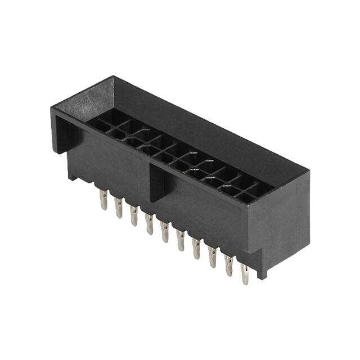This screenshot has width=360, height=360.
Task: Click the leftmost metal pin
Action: coord(103,200)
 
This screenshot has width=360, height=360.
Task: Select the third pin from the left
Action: coord(134,215)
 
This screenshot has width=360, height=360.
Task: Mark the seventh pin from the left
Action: coord(196,247)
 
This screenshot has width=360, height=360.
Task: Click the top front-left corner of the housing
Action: coord(52,108)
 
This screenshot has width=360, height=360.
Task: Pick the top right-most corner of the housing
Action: coord(309,169)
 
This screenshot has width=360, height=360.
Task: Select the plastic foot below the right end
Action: coord(262,272)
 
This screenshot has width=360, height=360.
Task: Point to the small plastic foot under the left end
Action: coord(72,175)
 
